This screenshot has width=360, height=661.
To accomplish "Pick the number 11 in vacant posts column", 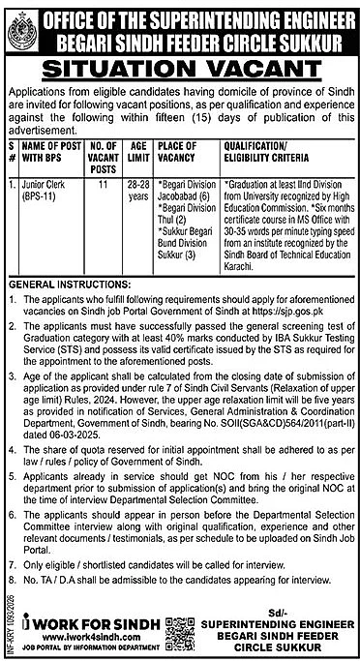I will tap(105, 180).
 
